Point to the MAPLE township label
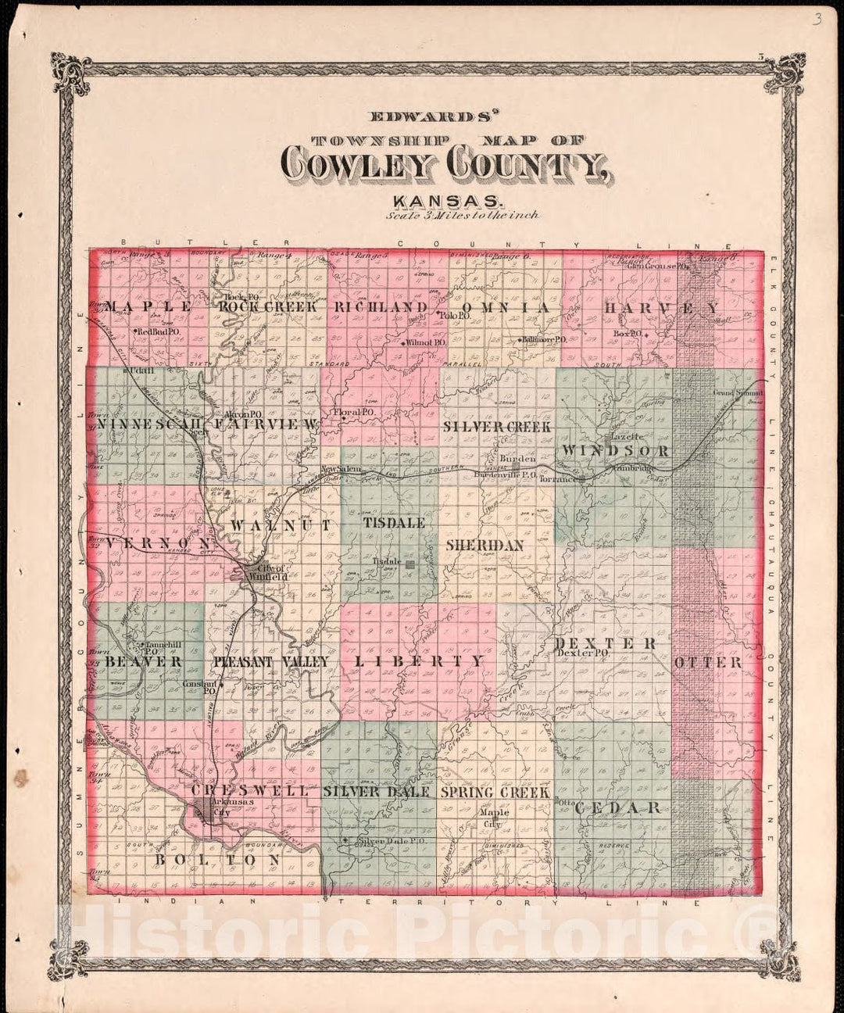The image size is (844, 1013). (149, 307)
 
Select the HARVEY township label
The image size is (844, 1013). (661, 309)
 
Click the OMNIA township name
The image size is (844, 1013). (505, 308)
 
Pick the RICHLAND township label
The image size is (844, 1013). (381, 307)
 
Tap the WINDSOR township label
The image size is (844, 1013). (615, 451)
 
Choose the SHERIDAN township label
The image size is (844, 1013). (485, 545)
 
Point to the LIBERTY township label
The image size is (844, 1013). (420, 661)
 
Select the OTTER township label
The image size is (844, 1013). (708, 662)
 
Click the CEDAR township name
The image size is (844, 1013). (618, 807)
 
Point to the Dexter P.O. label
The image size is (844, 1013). (582, 653)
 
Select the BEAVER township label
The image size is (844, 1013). (144, 661)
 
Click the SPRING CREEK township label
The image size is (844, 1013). (495, 792)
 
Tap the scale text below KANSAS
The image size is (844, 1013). (461, 214)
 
